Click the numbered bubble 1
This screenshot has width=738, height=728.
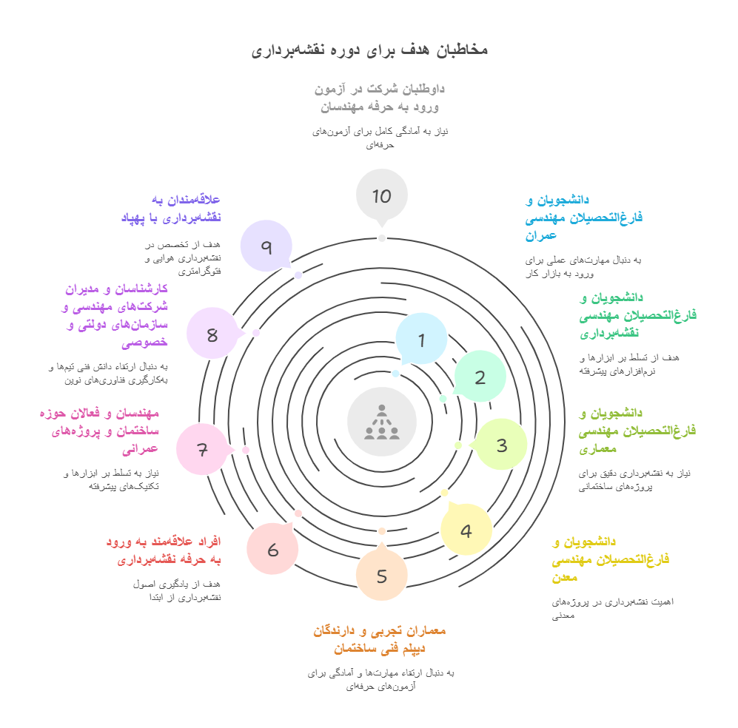point(421,340)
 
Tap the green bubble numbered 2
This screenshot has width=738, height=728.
point(480,377)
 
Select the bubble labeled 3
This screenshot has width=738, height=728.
point(501,445)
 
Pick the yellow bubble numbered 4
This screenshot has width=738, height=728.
point(466,530)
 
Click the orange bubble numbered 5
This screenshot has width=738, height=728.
point(381,576)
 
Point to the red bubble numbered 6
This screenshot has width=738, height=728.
point(272,549)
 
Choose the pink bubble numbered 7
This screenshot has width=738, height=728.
point(202,449)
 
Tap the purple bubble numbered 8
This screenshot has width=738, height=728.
point(212,334)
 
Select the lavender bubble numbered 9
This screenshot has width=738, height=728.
point(266,246)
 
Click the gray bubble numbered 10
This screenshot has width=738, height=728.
point(381,195)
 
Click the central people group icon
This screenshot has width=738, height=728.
point(382,422)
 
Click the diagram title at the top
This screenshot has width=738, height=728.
point(369,50)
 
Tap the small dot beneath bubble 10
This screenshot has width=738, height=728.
point(382,237)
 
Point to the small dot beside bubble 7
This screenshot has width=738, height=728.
point(246,450)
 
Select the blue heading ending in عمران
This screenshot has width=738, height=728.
point(583,218)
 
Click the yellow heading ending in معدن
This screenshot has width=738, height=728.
point(610,559)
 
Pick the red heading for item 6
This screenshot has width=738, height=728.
point(164,550)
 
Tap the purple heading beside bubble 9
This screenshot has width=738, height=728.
point(171,208)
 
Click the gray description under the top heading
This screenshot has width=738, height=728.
point(380,138)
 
